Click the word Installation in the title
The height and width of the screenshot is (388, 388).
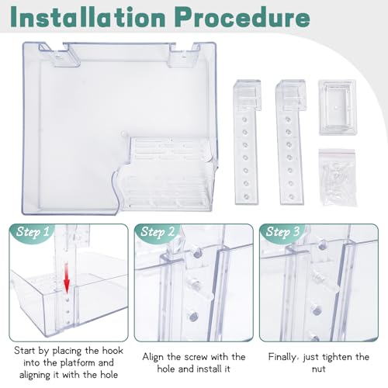coord(88,16)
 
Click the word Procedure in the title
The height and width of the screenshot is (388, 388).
coord(244,16)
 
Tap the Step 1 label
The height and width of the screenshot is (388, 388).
coord(33,231)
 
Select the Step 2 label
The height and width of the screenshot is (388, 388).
coord(158,231)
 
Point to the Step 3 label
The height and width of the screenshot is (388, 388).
coord(282,231)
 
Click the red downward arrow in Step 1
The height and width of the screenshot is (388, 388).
coord(67,277)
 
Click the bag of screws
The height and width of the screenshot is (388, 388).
coord(338,178)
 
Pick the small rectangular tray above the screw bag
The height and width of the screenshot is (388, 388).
coord(338,107)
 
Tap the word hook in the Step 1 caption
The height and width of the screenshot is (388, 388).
coord(113,351)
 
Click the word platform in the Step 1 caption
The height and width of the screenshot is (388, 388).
coord(78,363)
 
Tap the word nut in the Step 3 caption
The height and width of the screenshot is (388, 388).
coord(319,369)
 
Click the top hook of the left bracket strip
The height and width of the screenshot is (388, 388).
coord(248,95)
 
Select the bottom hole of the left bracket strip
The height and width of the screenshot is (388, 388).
coord(246,196)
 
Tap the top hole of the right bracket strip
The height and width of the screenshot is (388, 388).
coord(288,120)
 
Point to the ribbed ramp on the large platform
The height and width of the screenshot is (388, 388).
coord(171,173)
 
